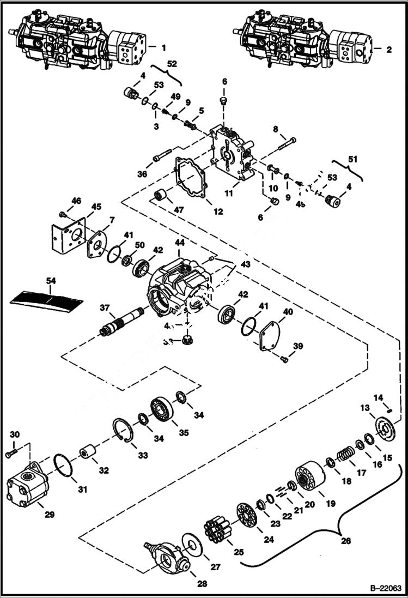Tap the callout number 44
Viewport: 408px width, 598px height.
[x=179, y=241]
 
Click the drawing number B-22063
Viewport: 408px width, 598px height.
[x=385, y=588]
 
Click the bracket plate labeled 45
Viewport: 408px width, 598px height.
[x=70, y=233]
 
